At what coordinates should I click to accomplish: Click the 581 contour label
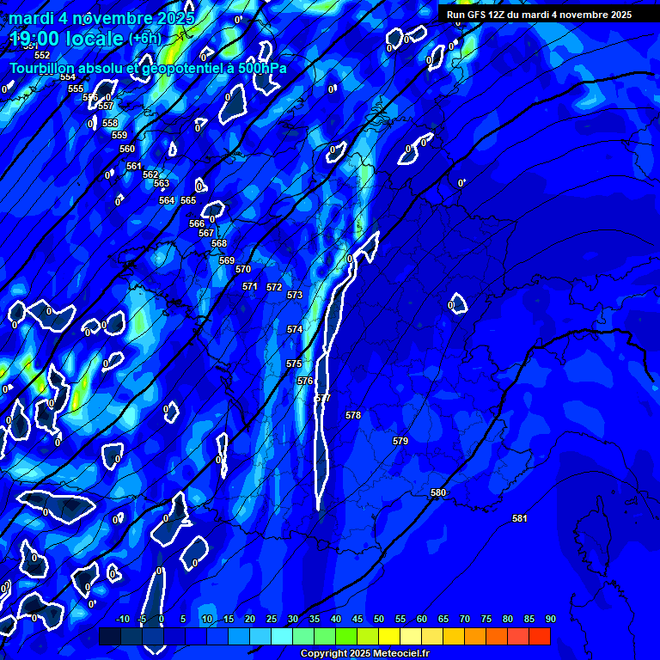(519, 518)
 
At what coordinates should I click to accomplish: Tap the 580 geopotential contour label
(438, 492)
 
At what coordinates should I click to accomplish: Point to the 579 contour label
(400, 441)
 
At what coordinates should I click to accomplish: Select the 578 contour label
(353, 415)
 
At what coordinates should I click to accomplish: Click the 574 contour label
(295, 329)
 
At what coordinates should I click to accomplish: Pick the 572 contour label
(274, 287)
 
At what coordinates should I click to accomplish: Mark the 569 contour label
(227, 260)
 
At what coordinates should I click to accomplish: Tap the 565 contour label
(188, 200)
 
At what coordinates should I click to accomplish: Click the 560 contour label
(127, 149)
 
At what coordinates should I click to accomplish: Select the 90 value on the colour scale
(550, 619)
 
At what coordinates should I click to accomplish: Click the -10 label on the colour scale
(122, 619)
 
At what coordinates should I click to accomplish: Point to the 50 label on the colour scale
(379, 619)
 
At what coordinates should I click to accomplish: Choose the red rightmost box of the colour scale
(540, 636)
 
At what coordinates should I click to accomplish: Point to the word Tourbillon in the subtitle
(46, 68)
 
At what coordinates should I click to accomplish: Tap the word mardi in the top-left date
(30, 18)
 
